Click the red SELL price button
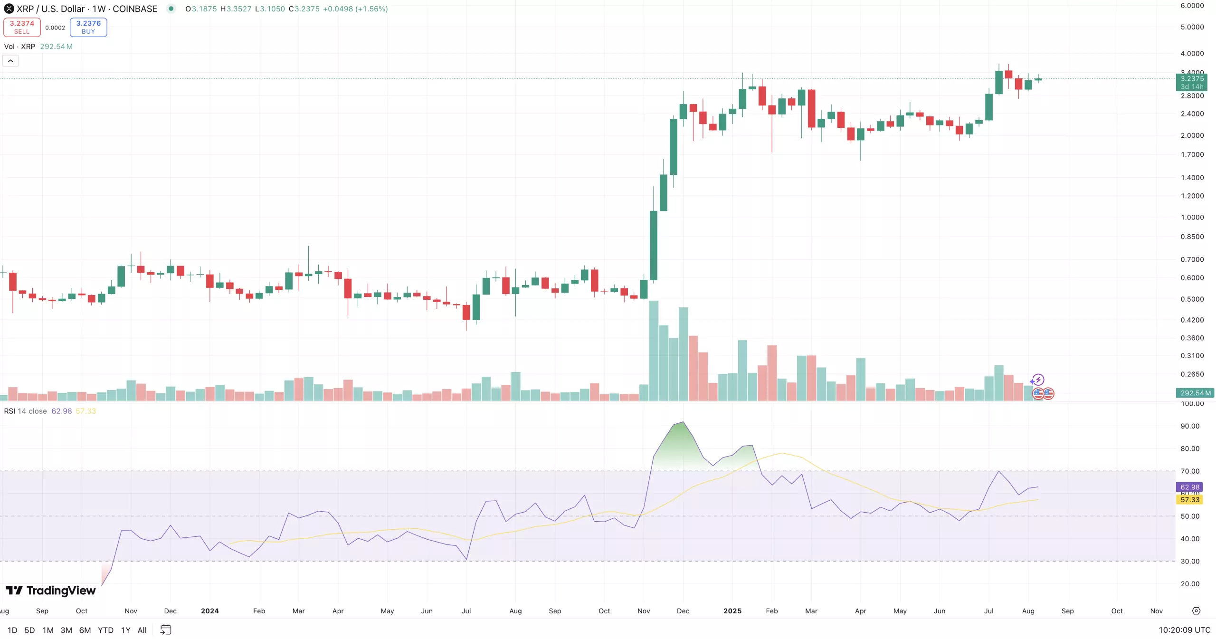(22, 27)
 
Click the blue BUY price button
(88, 27)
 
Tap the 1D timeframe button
(12, 630)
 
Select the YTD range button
(105, 630)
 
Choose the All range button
(142, 630)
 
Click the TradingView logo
(51, 590)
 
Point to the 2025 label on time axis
(732, 610)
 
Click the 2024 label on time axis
(209, 610)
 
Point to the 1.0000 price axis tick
(1192, 217)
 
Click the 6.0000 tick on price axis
(1192, 6)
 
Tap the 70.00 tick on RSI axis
(1190, 471)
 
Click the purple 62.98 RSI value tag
(1189, 486)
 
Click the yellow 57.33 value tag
(1189, 499)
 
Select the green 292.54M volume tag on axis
(1195, 393)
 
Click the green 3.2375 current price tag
(1192, 79)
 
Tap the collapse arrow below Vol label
(10, 61)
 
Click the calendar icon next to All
(166, 629)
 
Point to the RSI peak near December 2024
(683, 422)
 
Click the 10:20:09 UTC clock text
(1184, 629)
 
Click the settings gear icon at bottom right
(1196, 610)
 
